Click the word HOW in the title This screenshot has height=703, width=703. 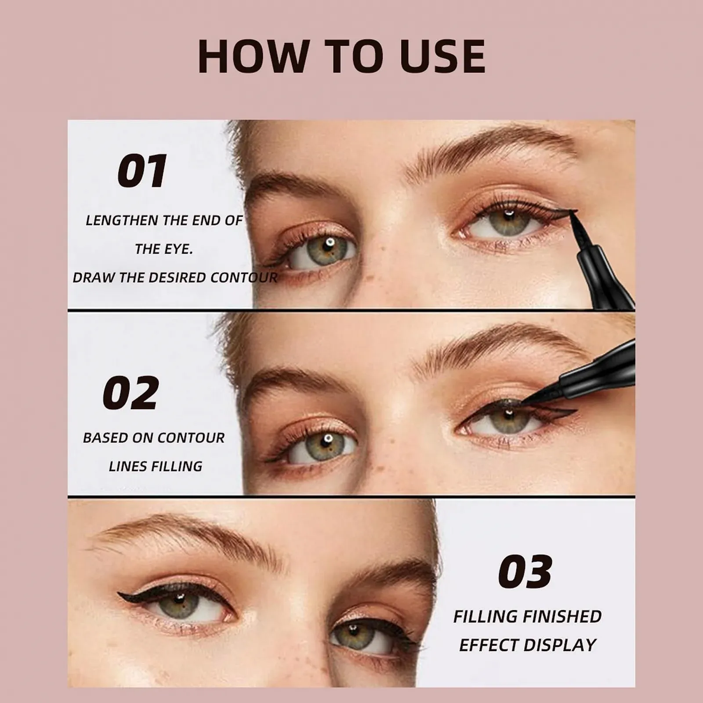[x=253, y=56]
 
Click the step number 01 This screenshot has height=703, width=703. [x=142, y=171]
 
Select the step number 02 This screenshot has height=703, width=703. [x=130, y=393]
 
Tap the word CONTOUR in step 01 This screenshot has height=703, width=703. [x=244, y=278]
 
